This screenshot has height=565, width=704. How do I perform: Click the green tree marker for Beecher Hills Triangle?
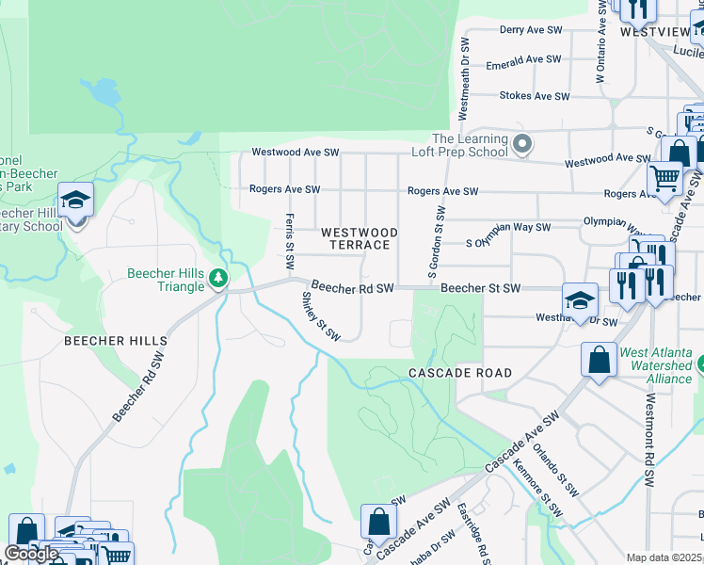click(218, 278)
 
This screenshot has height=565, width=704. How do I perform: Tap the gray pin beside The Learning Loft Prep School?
click(524, 145)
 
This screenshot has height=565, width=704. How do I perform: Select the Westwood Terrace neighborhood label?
click(359, 238)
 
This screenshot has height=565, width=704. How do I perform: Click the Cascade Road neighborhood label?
click(460, 373)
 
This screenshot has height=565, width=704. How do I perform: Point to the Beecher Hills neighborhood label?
click(116, 341)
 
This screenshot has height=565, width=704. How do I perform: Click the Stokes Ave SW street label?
click(535, 96)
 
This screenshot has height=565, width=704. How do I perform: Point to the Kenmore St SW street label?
click(537, 487)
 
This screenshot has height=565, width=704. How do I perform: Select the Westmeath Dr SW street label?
click(463, 79)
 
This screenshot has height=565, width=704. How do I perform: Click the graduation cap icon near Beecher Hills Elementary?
click(76, 201)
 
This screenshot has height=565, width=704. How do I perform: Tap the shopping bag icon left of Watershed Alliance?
click(599, 359)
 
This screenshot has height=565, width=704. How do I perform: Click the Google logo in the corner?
click(31, 554)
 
